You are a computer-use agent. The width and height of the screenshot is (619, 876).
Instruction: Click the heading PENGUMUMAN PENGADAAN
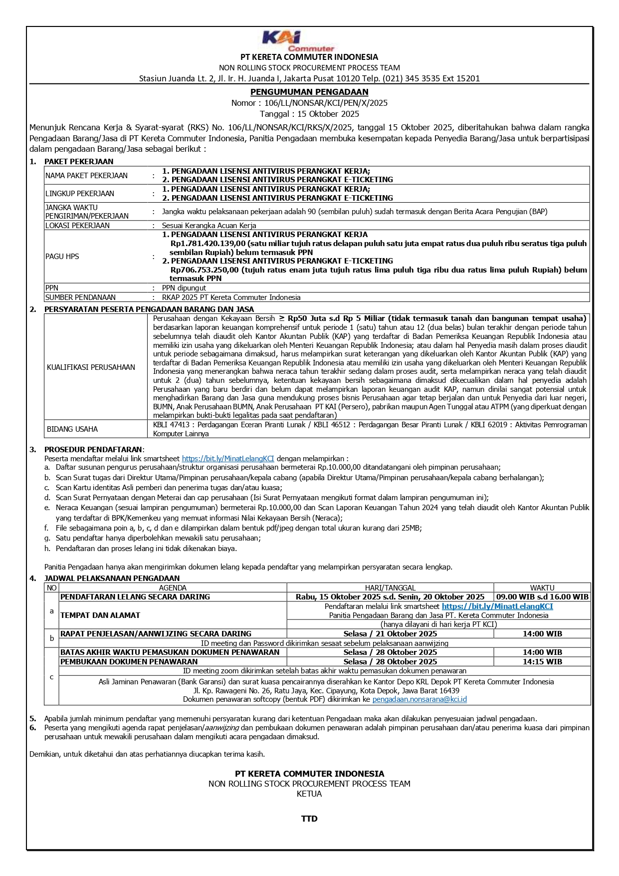coord(309,92)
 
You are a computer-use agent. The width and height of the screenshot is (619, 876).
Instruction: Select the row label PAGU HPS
coord(62,257)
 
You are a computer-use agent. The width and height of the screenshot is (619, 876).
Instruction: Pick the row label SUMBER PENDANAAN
coord(80,297)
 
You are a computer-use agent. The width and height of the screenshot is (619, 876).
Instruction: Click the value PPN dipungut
coord(184,288)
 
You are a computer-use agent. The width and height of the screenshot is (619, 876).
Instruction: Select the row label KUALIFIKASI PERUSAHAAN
coord(91,367)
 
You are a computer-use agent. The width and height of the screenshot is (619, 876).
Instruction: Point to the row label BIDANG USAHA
coord(72,429)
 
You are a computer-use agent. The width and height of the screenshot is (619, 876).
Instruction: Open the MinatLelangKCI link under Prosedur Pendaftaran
coord(228,459)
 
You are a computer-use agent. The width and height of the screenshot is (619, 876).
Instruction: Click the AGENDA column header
coord(173,588)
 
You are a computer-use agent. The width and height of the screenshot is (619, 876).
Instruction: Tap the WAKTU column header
coord(542,588)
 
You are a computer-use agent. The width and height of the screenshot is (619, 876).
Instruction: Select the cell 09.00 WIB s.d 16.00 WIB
coord(542,597)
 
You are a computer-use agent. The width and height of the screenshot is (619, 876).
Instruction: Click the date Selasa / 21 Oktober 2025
coord(390,634)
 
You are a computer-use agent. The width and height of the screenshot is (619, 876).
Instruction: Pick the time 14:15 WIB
coord(542,662)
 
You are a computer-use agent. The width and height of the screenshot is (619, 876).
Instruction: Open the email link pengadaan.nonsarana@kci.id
coord(419,699)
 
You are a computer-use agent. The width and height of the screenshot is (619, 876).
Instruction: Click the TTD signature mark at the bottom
coord(309,819)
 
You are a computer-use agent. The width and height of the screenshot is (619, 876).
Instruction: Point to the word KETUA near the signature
coord(309,794)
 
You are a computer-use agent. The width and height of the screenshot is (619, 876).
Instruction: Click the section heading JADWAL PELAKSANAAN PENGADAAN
coord(112,579)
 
